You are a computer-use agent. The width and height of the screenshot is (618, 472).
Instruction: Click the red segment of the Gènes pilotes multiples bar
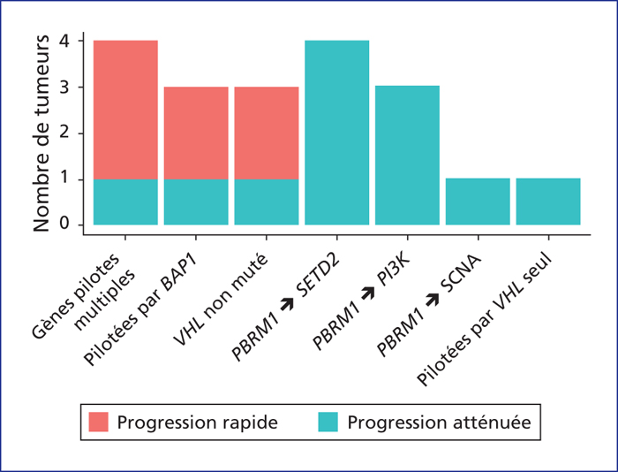click(125, 110)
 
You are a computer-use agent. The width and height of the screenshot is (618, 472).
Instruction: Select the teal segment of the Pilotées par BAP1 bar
click(196, 202)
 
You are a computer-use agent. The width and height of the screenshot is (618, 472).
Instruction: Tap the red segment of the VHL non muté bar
click(267, 133)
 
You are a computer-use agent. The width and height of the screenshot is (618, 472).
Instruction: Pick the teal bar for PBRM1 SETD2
click(337, 133)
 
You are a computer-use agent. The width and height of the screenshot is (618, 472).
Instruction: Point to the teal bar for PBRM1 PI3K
click(407, 155)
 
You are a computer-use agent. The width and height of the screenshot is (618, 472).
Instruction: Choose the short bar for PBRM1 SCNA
click(478, 202)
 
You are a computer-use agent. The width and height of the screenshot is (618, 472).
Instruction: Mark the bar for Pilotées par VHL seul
click(548, 202)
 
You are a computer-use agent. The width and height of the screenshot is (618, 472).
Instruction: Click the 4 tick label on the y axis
click(64, 41)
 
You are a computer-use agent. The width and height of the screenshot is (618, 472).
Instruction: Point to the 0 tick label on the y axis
click(64, 225)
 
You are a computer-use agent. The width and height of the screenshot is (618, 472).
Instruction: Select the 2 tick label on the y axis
click(64, 133)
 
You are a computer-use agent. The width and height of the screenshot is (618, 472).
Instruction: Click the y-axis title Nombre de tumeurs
click(41, 133)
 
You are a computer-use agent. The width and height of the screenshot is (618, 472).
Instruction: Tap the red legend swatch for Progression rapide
click(99, 422)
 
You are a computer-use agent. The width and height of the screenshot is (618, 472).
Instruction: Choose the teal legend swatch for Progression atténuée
click(328, 422)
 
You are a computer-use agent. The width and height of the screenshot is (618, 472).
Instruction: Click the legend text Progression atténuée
click(439, 423)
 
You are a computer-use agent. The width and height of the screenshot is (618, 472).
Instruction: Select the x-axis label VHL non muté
click(222, 299)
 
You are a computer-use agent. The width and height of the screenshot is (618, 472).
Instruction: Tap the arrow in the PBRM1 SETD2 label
click(287, 302)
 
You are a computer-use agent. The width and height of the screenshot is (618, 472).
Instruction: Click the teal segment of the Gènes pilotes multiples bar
click(125, 202)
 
